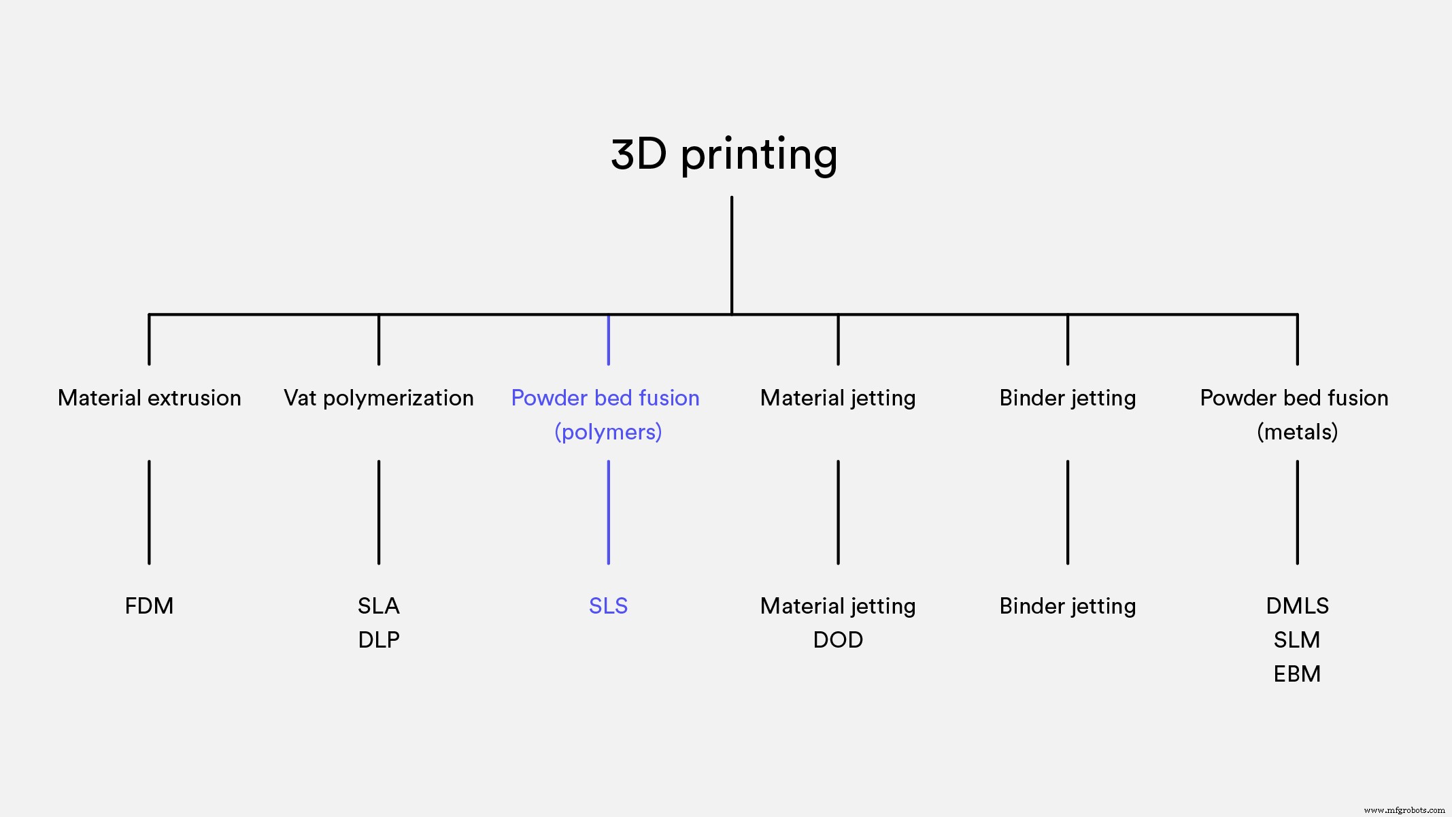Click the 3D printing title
tap(724, 155)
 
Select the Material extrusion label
tap(150, 398)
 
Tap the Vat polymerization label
tap(379, 398)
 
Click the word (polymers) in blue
tap(608, 432)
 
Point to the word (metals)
tap(1297, 432)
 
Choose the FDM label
tap(149, 606)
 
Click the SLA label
tap(379, 606)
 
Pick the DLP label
tap(379, 640)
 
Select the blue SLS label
tap(608, 606)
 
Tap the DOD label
tap(838, 640)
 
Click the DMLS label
tap(1297, 606)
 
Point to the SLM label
tap(1297, 640)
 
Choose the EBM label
tap(1297, 674)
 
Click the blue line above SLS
tap(608, 512)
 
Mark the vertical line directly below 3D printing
tap(732, 255)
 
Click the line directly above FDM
tap(149, 512)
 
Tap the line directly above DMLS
tap(1297, 512)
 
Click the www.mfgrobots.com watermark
tap(1404, 810)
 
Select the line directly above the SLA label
tap(379, 512)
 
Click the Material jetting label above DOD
tap(838, 606)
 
